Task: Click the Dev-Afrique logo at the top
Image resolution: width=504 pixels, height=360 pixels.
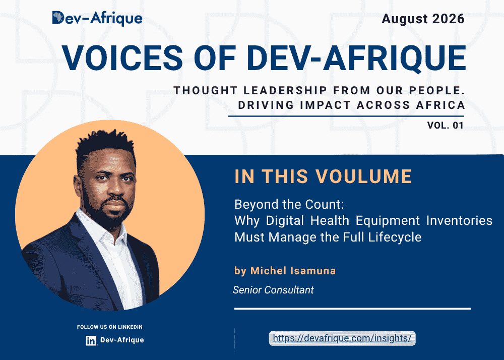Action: (x=97, y=18)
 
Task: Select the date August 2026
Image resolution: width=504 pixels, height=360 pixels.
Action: (x=423, y=19)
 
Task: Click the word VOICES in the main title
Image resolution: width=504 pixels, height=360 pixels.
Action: (x=122, y=58)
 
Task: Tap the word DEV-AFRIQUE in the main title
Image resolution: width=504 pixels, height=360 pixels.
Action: (x=356, y=58)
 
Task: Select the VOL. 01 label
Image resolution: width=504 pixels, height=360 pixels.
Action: (x=445, y=125)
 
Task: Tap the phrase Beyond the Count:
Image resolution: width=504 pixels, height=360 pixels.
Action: (x=289, y=204)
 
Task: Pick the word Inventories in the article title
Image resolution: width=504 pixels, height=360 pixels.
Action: (x=459, y=220)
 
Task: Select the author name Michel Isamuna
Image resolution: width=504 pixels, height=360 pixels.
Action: (x=293, y=271)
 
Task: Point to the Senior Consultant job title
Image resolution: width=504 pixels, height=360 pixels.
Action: (x=273, y=290)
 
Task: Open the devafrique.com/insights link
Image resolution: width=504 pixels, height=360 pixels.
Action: (x=342, y=338)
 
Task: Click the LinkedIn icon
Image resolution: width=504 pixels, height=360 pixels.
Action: (x=91, y=341)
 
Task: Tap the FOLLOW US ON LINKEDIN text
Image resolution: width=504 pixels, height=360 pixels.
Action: (x=109, y=327)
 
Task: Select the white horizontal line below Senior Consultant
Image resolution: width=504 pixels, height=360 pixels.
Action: (x=353, y=309)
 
